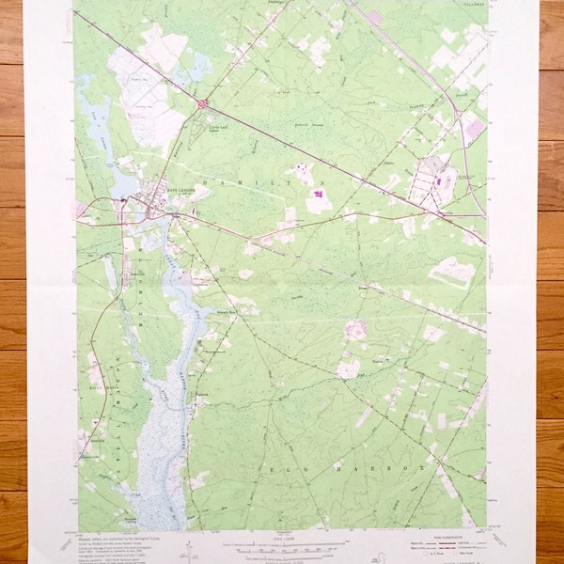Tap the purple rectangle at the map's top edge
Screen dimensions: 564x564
[375, 16]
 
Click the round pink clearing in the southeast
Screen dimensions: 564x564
[355, 329]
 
